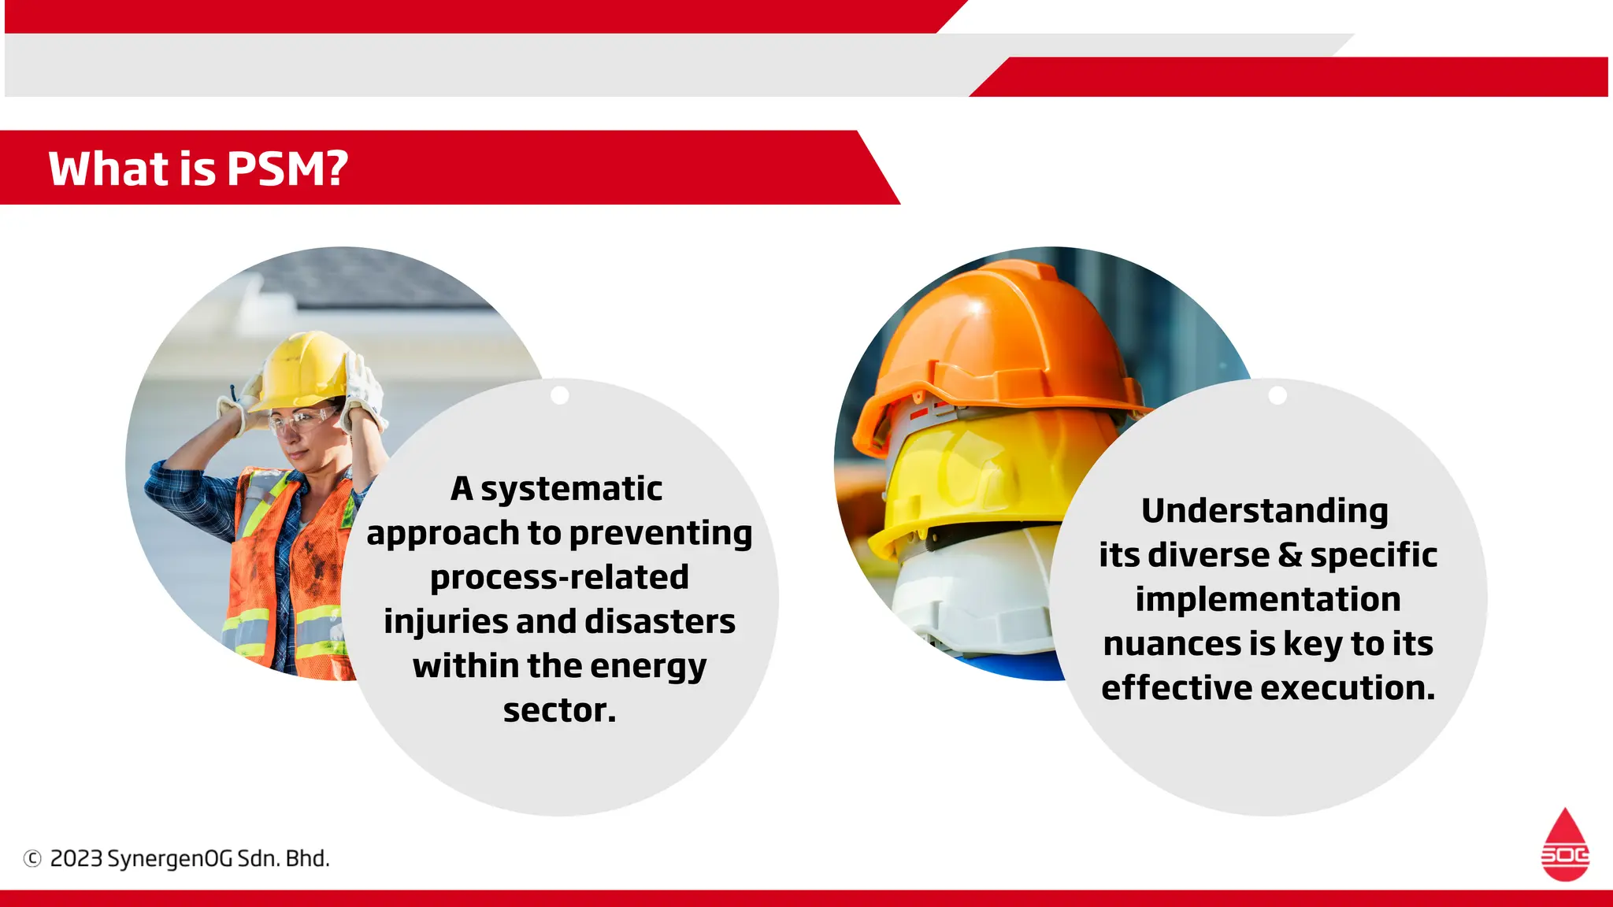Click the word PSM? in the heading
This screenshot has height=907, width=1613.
[287, 168]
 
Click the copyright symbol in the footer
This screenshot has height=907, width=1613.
[32, 859]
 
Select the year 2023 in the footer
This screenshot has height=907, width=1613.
[76, 858]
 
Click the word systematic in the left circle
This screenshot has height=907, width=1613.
[572, 489]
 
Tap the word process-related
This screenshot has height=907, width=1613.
[559, 577]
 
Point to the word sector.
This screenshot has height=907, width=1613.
[559, 710]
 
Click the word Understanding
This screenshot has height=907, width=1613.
[1265, 511]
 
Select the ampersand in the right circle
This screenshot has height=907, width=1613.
[1290, 555]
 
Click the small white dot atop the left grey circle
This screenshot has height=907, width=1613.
[560, 395]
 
